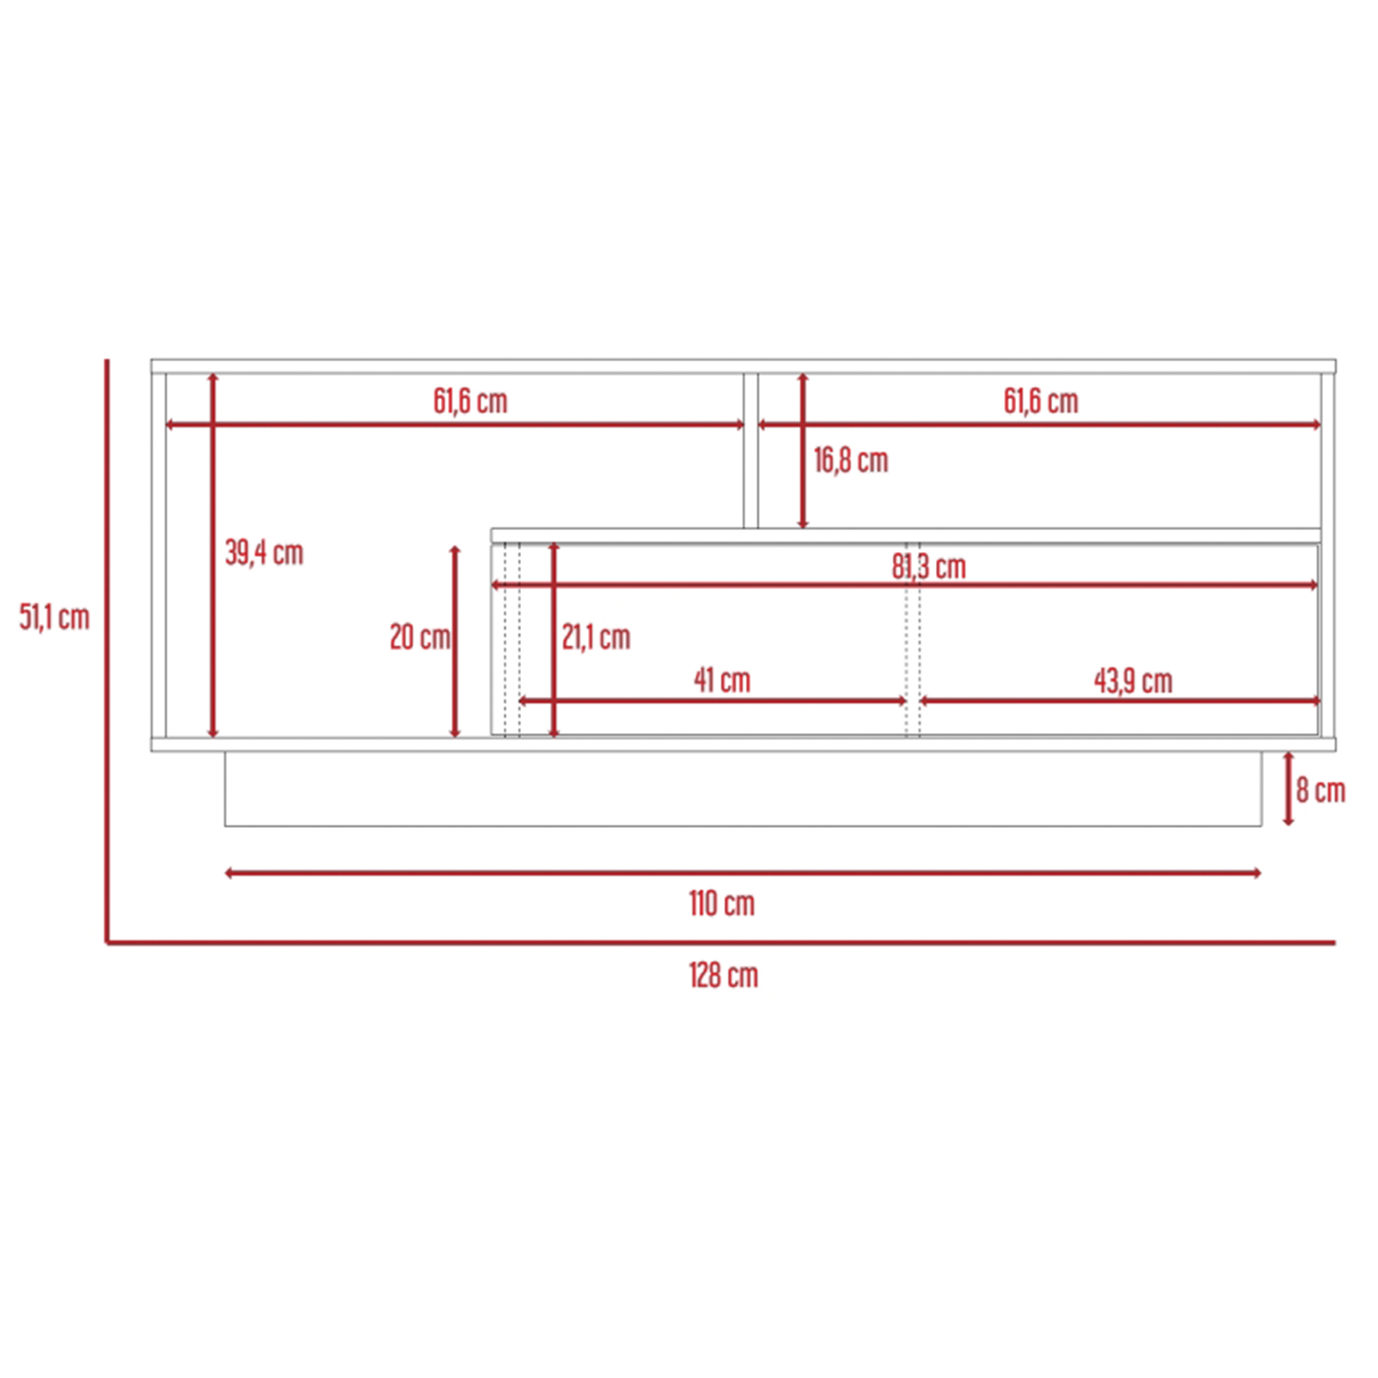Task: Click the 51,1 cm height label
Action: point(55,617)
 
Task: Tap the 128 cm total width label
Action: point(724,975)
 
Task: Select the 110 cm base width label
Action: point(722,903)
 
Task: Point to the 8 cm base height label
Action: point(1321,790)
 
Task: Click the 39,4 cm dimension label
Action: point(265,552)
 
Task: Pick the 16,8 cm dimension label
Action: point(851,460)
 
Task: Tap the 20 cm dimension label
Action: point(420,637)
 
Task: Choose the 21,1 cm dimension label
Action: point(596,637)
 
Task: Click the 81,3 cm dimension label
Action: point(929,567)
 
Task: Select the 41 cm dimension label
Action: point(722,680)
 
